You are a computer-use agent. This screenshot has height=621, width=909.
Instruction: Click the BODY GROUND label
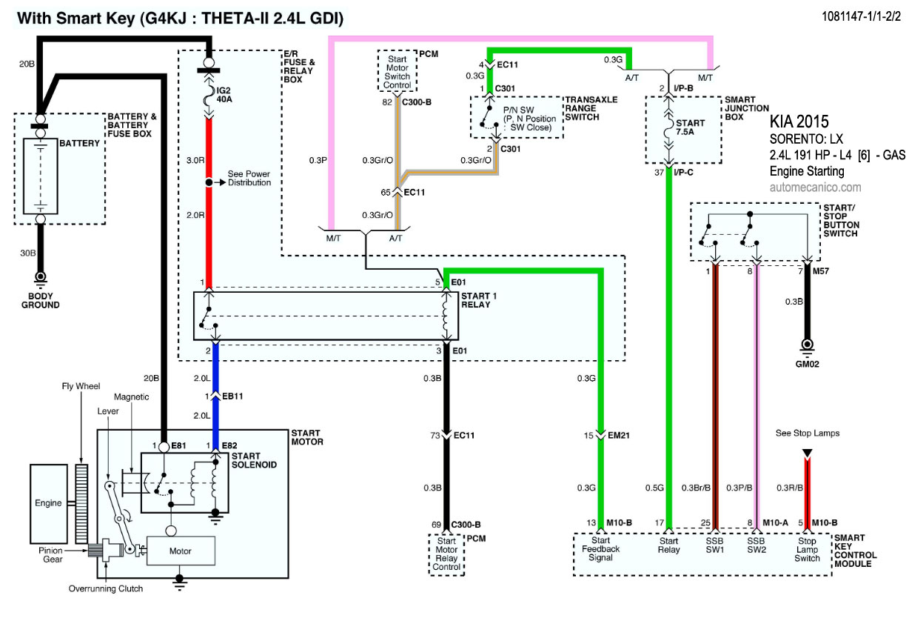[40, 300]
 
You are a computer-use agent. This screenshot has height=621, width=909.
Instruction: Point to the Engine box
[48, 502]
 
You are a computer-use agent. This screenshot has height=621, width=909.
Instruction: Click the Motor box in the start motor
[180, 551]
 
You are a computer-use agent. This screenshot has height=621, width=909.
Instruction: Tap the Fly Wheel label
[81, 386]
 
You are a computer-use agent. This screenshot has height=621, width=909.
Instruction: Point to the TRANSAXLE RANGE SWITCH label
[592, 109]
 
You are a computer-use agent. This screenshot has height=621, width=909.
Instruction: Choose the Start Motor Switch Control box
[398, 70]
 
